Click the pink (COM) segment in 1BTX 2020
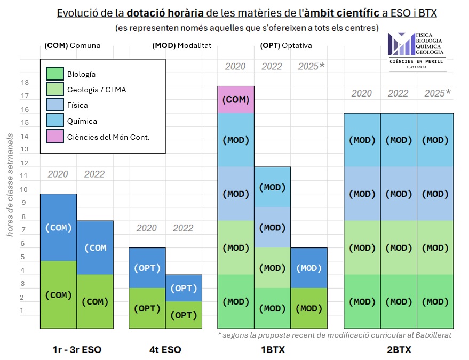235,100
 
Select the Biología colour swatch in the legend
55,74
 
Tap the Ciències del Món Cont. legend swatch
55,137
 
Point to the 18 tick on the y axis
25,83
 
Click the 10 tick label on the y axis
25,190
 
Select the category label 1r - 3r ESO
77,350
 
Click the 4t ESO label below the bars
165,350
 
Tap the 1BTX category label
272,350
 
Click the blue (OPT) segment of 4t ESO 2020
147,268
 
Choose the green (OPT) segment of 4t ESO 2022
184,315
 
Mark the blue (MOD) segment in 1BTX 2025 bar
308,268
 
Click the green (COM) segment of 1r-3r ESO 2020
59,295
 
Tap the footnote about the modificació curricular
335,335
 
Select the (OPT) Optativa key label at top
286,46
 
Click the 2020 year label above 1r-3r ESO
59,174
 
